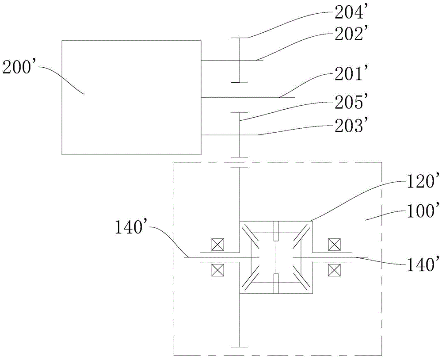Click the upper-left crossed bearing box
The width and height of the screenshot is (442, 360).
[217, 244]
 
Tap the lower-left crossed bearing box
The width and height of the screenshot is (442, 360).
[217, 270]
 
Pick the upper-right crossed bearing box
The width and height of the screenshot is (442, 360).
[334, 244]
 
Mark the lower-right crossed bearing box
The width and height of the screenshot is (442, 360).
[334, 270]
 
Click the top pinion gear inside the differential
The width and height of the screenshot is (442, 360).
[276, 231]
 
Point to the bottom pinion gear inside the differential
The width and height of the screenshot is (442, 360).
[276, 283]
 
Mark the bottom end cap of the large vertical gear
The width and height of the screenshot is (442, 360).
[239, 346]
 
